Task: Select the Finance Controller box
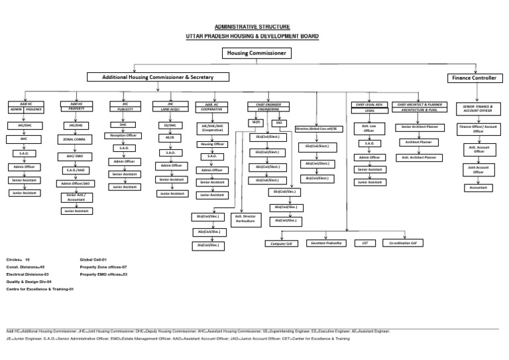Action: (x=473, y=78)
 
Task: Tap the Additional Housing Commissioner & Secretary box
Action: (x=157, y=78)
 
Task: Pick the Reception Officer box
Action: (x=123, y=135)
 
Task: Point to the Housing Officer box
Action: (x=213, y=143)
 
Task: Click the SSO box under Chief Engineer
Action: (x=279, y=123)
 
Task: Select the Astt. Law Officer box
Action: (x=369, y=128)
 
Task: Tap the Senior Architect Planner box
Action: (x=420, y=126)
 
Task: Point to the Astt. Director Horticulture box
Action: (x=245, y=219)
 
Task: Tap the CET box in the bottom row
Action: (x=364, y=243)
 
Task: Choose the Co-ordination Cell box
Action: (x=404, y=243)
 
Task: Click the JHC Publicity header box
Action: (x=123, y=106)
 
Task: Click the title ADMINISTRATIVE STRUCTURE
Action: (x=254, y=27)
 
